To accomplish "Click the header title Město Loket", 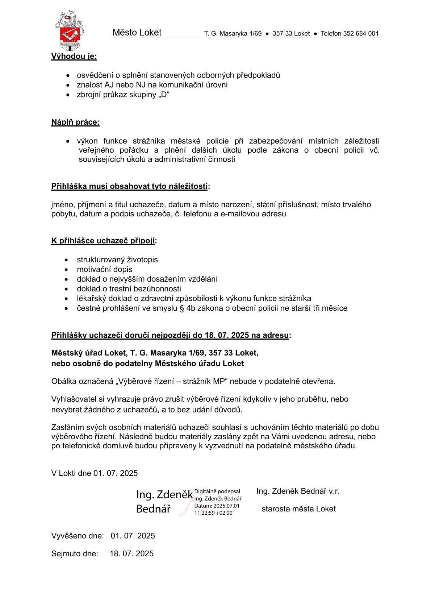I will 137,33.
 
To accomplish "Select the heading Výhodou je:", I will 74,57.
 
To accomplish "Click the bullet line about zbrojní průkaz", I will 123,95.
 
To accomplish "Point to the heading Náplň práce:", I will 75,122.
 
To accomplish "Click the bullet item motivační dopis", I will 104,269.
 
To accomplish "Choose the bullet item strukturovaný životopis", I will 117,260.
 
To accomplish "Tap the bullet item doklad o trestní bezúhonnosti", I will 129,289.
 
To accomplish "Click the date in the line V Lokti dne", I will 116,473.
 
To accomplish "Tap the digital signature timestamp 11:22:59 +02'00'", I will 214,513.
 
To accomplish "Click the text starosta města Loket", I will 298,509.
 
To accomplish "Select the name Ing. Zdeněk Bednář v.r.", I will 298,491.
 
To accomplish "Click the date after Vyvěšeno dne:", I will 133,536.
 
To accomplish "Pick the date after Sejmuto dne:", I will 131,554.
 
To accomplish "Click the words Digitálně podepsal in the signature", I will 217,491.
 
